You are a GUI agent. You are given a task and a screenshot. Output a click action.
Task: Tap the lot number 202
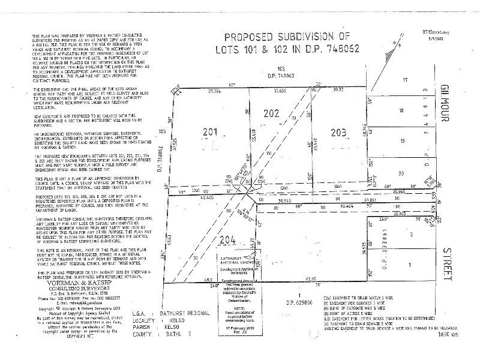pyautogui.click(x=272, y=112)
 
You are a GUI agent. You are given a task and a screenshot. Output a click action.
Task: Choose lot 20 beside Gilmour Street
pyautogui.click(x=400, y=173)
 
